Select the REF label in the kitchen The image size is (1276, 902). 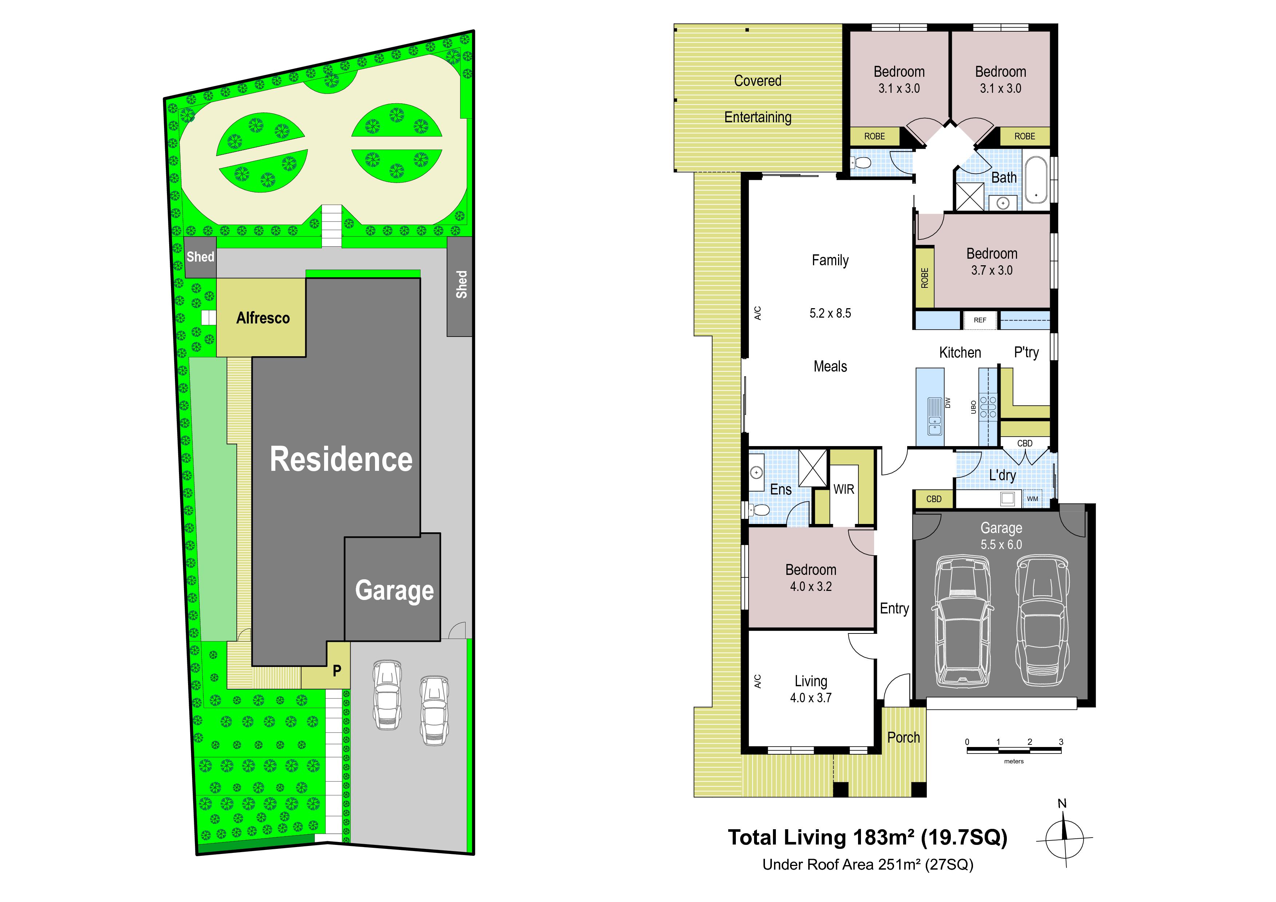click(x=980, y=320)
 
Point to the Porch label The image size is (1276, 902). click(x=903, y=738)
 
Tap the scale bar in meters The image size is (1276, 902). click(x=1014, y=750)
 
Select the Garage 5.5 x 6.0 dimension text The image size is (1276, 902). click(x=1001, y=545)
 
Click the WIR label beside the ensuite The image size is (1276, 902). click(x=844, y=489)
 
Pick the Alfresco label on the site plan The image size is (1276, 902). click(x=263, y=318)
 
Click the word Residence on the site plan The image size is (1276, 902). click(x=341, y=460)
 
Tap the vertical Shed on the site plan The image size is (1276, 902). click(x=461, y=284)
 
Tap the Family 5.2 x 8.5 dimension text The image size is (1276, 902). click(x=830, y=313)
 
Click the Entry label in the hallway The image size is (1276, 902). click(x=894, y=609)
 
